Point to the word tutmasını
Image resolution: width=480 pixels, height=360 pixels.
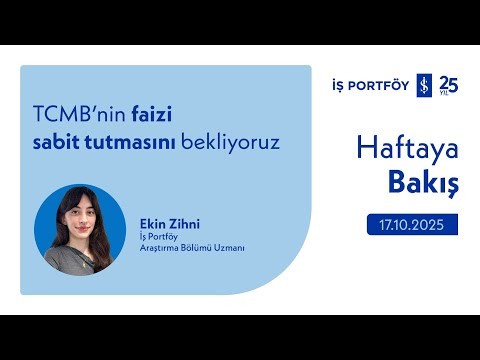click(x=134, y=142)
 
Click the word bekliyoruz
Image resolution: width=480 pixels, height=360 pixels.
click(x=229, y=142)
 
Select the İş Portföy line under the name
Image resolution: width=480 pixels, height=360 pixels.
click(x=157, y=236)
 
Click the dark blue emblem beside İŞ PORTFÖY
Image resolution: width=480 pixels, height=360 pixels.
click(x=423, y=85)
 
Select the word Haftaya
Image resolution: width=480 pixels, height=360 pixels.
click(x=407, y=149)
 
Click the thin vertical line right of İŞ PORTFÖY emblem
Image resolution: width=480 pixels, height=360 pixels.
click(x=435, y=85)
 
